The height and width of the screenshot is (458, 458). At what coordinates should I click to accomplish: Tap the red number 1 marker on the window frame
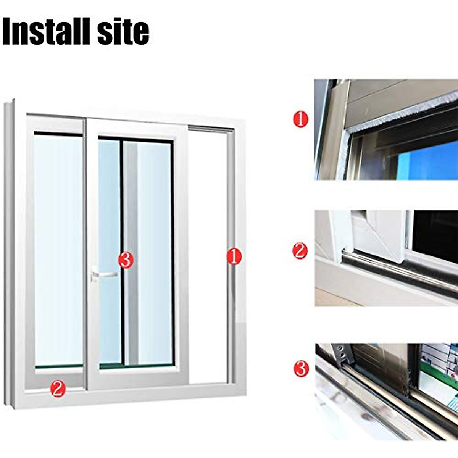tap(234, 256)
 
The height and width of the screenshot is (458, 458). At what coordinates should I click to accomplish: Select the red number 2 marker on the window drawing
tap(58, 389)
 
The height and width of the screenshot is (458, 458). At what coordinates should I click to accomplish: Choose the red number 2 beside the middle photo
tap(300, 251)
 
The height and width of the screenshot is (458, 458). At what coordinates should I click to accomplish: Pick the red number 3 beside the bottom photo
tap(301, 369)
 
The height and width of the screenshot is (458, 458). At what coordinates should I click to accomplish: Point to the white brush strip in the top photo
tap(401, 111)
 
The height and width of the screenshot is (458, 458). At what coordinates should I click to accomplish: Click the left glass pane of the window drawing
tap(58, 248)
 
